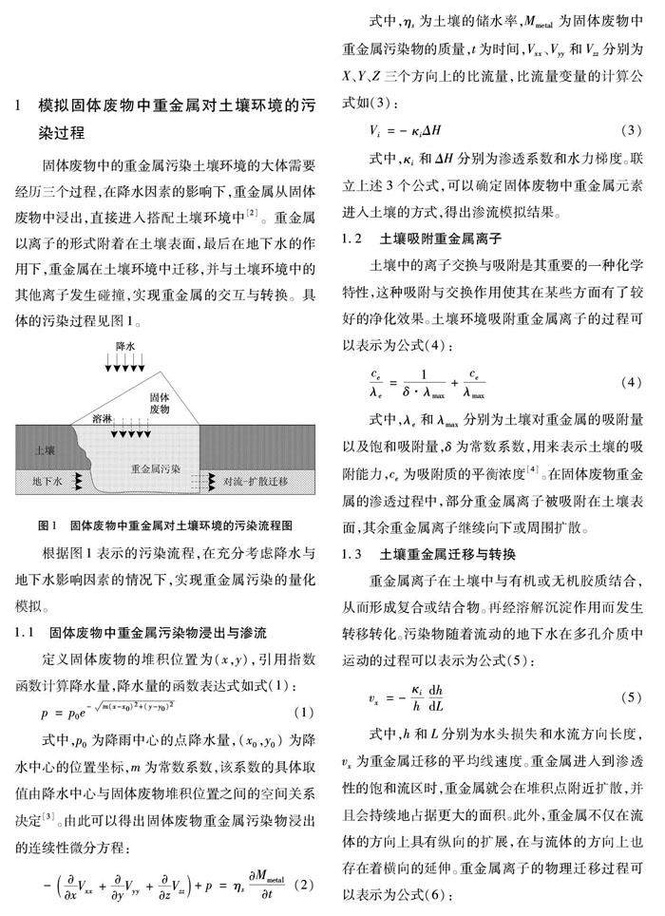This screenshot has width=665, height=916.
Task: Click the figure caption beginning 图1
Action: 163,525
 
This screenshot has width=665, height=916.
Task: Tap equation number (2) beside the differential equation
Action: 303,887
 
